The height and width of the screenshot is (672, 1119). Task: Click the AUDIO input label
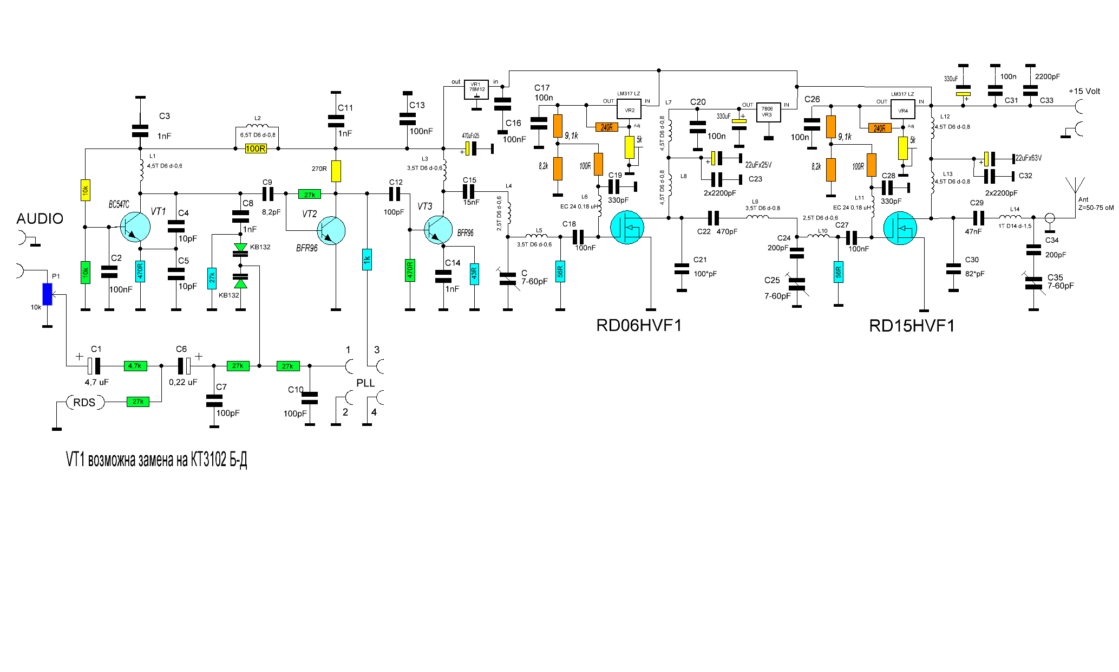(x=40, y=219)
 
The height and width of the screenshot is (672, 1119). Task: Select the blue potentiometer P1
(x=48, y=294)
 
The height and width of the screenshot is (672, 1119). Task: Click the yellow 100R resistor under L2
(x=256, y=148)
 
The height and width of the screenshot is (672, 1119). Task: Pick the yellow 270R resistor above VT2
(x=336, y=171)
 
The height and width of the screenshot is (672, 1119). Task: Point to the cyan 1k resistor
(x=367, y=260)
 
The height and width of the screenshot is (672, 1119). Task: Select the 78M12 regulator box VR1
(x=476, y=89)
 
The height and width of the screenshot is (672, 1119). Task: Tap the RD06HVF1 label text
(x=639, y=326)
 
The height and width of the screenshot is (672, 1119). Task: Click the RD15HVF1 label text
(x=912, y=326)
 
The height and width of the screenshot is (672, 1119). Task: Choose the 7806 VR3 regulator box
(x=768, y=112)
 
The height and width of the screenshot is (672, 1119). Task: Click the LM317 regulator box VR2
(x=629, y=109)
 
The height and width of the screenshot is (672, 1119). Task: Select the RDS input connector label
(x=84, y=403)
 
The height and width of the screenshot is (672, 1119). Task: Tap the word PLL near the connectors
(x=365, y=383)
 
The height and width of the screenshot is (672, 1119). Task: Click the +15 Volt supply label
(x=1084, y=92)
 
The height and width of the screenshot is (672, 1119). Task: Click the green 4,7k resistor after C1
(x=135, y=366)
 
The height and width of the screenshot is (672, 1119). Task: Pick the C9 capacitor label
(x=267, y=183)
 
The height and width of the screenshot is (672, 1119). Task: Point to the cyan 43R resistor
(x=474, y=274)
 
